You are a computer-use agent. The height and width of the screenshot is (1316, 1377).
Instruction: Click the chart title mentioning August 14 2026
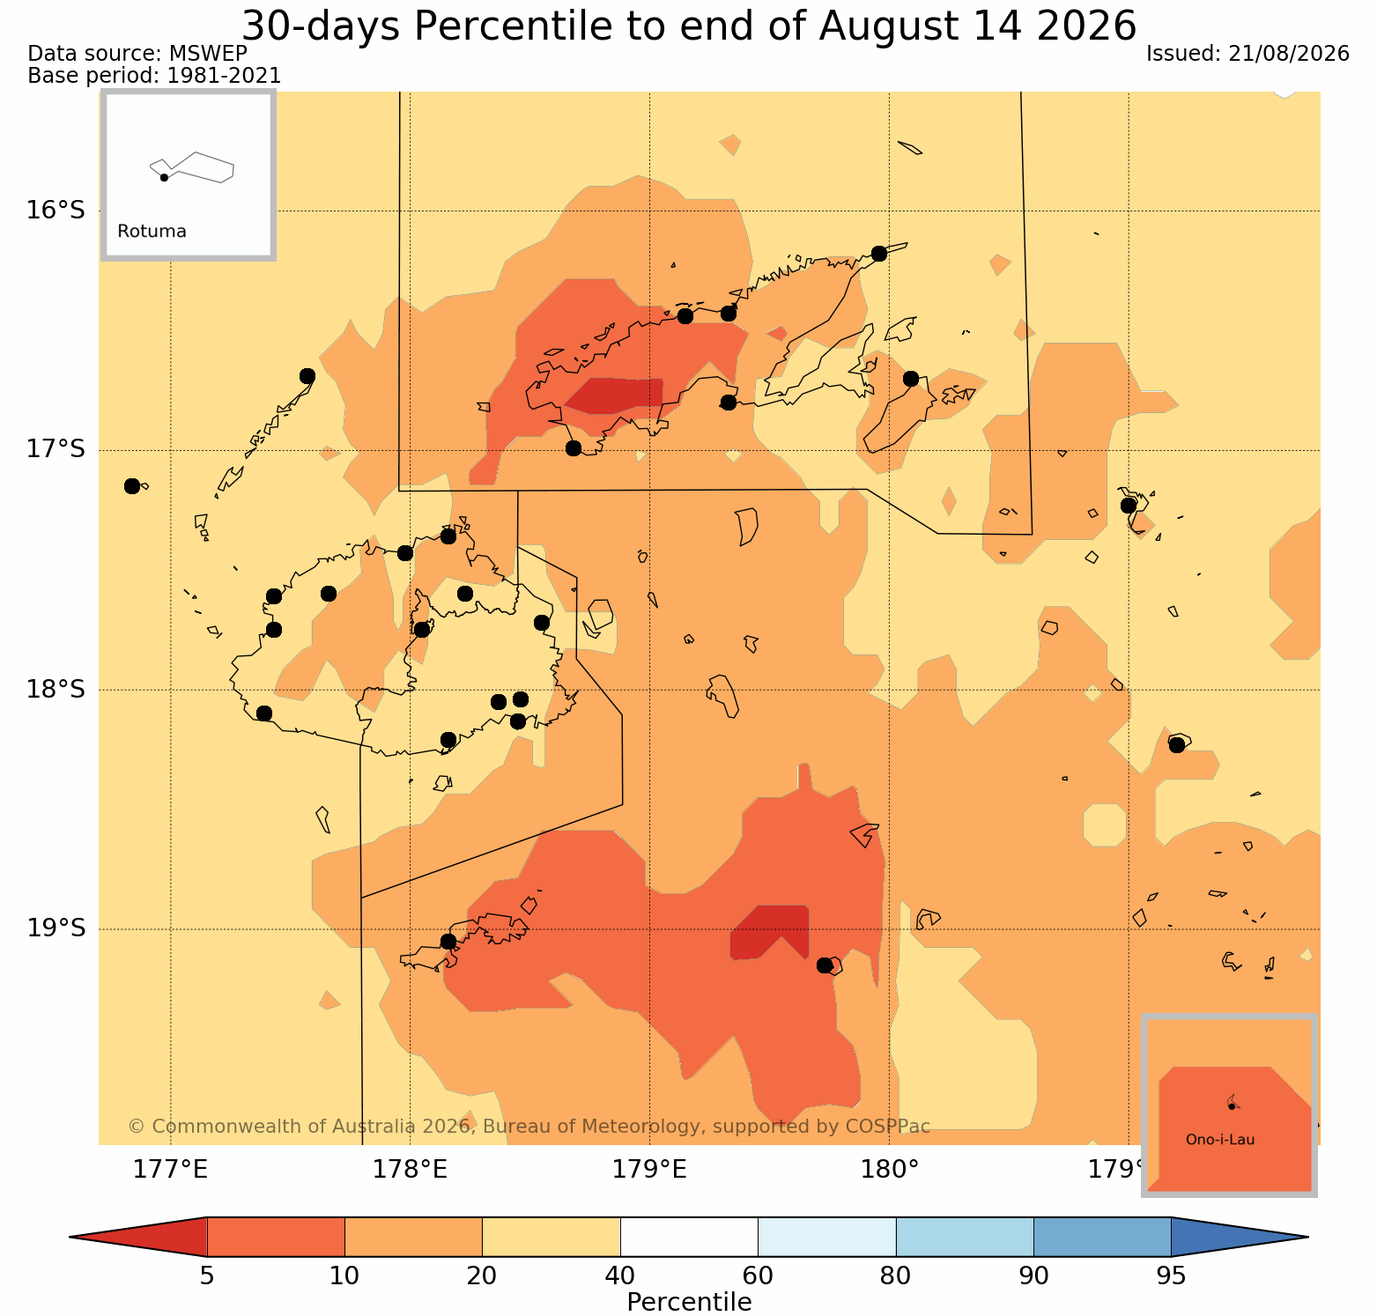tap(689, 26)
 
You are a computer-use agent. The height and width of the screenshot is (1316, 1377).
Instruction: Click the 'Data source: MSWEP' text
tap(137, 54)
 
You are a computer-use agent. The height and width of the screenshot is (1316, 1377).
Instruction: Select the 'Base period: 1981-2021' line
tap(155, 76)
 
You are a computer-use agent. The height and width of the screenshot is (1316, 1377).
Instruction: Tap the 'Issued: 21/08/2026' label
tap(1247, 54)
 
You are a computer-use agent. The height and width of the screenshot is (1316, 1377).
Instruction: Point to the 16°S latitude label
tap(56, 211)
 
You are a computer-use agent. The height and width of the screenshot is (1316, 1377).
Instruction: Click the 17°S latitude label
tap(56, 450)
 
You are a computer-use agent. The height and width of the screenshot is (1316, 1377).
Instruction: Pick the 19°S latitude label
tap(56, 928)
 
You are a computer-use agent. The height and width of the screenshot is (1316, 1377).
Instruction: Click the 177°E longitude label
tap(171, 1170)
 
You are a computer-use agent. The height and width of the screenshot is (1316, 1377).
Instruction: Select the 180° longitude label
tap(889, 1170)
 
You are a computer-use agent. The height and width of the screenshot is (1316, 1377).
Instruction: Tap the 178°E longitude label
tap(411, 1170)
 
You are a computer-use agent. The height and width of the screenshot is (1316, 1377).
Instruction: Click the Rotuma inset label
tap(152, 232)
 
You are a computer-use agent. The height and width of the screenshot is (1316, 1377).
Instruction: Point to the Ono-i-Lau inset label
tap(1220, 1140)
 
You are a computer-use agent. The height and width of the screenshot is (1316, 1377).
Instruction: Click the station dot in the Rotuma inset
tap(164, 177)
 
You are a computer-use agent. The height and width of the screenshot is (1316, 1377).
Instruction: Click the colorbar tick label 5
tap(207, 1276)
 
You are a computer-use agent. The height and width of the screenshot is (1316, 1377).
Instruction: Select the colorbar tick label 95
tap(1171, 1276)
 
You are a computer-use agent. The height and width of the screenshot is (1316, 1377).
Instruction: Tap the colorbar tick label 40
tap(620, 1276)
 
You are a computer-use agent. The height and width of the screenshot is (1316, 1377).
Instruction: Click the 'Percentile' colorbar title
tap(689, 1302)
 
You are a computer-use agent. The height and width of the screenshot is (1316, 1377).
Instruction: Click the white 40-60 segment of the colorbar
tap(689, 1237)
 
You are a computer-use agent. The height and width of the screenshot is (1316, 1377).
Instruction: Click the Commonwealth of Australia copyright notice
tap(529, 1127)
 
